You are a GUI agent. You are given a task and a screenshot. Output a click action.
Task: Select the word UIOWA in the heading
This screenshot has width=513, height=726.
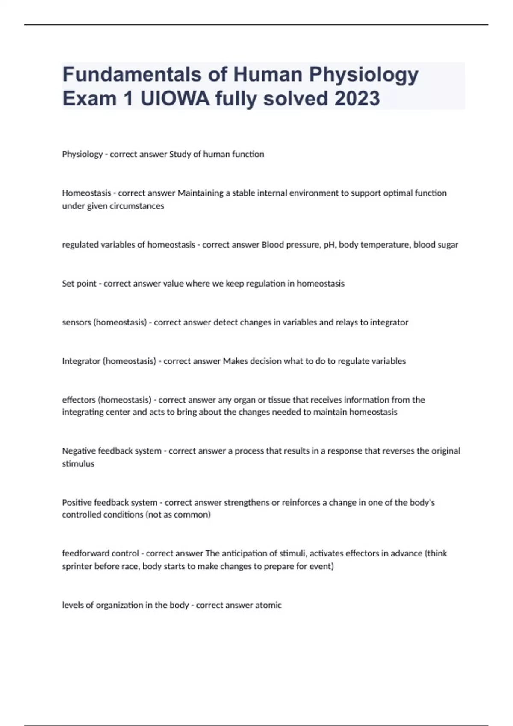point(175,99)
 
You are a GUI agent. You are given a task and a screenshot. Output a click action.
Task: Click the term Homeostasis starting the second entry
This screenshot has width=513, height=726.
point(86,193)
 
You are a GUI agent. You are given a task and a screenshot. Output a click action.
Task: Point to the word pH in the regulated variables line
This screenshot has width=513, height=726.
point(329,245)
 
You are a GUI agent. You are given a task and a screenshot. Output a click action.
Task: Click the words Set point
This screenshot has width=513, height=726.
point(79,284)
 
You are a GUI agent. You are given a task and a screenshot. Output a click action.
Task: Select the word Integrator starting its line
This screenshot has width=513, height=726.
point(81,361)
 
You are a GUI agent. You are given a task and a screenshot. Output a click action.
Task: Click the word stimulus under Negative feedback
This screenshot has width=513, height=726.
point(78,464)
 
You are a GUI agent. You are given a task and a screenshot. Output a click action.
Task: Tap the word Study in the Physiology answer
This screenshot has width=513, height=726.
point(180,154)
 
